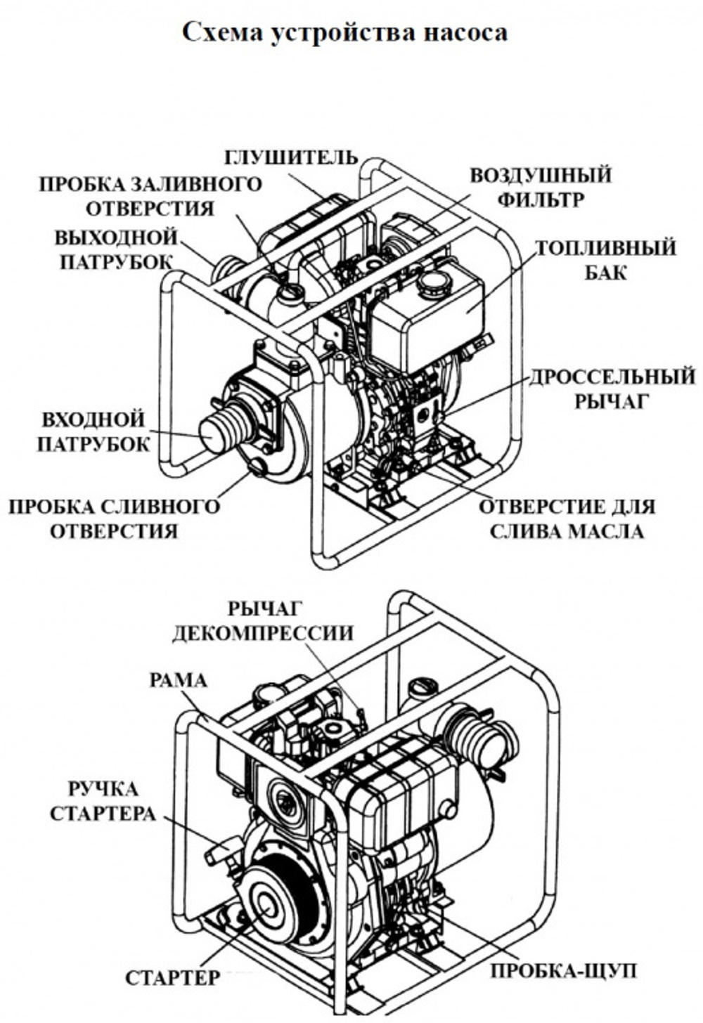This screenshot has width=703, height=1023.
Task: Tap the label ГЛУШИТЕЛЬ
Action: click(290, 157)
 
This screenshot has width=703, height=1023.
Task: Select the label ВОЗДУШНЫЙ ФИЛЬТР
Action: click(540, 187)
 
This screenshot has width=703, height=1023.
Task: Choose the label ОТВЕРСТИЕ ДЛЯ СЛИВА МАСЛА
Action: click(566, 519)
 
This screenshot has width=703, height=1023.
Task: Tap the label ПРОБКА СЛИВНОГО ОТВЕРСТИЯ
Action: click(114, 519)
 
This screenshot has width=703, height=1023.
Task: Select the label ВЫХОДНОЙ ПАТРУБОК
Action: click(116, 249)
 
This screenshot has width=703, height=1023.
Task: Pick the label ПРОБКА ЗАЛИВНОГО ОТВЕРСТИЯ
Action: click(150, 196)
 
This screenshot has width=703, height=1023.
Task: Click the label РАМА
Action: click(179, 680)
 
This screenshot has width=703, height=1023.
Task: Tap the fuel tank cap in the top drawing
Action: click(432, 285)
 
